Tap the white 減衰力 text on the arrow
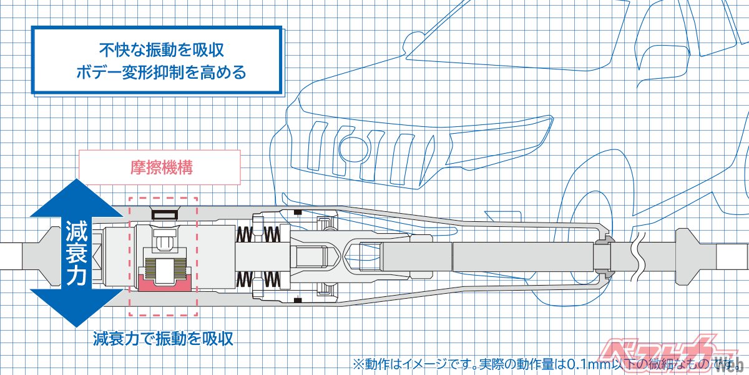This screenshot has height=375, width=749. coord(76,254)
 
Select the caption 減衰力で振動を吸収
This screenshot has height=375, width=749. coord(163,339)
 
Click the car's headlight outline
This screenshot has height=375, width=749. coord(353,147)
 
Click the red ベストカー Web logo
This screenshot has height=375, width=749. coord(674,353)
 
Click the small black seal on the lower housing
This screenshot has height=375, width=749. coord(298,301)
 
